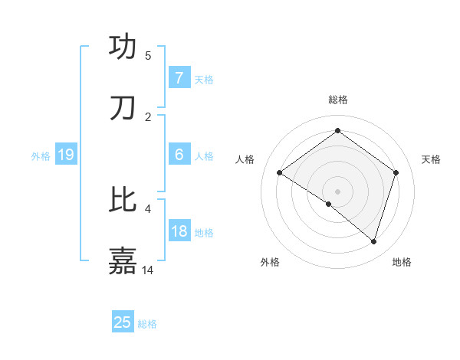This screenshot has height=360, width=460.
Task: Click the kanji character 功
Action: pos(123,47)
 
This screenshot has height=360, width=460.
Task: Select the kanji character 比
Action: pos(123,200)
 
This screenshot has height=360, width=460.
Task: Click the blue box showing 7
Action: pos(179,78)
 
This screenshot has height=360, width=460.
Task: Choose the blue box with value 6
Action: pos(179,155)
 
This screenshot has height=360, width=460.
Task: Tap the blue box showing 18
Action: pos(179,231)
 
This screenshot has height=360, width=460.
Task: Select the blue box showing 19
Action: pos(66,155)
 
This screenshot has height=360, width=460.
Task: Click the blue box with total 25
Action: pos(123,322)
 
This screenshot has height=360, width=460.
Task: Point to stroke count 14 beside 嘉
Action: pos(149,270)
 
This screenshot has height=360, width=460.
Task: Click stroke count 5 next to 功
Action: pos(148,55)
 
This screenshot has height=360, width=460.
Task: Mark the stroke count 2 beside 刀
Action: pos(148,116)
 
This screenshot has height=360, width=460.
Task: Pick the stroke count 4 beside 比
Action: pos(148,208)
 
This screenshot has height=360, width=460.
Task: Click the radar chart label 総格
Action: pos(337,100)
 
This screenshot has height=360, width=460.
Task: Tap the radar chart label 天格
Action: pos(431,159)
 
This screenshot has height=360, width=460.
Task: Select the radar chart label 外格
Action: pos(270,262)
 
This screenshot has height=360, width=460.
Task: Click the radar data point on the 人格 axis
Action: pos(280,173)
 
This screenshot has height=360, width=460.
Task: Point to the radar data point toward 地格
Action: pos(373,241)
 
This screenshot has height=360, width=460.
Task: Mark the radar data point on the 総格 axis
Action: pos(337,131)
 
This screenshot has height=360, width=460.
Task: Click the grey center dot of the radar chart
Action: pos(337,191)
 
